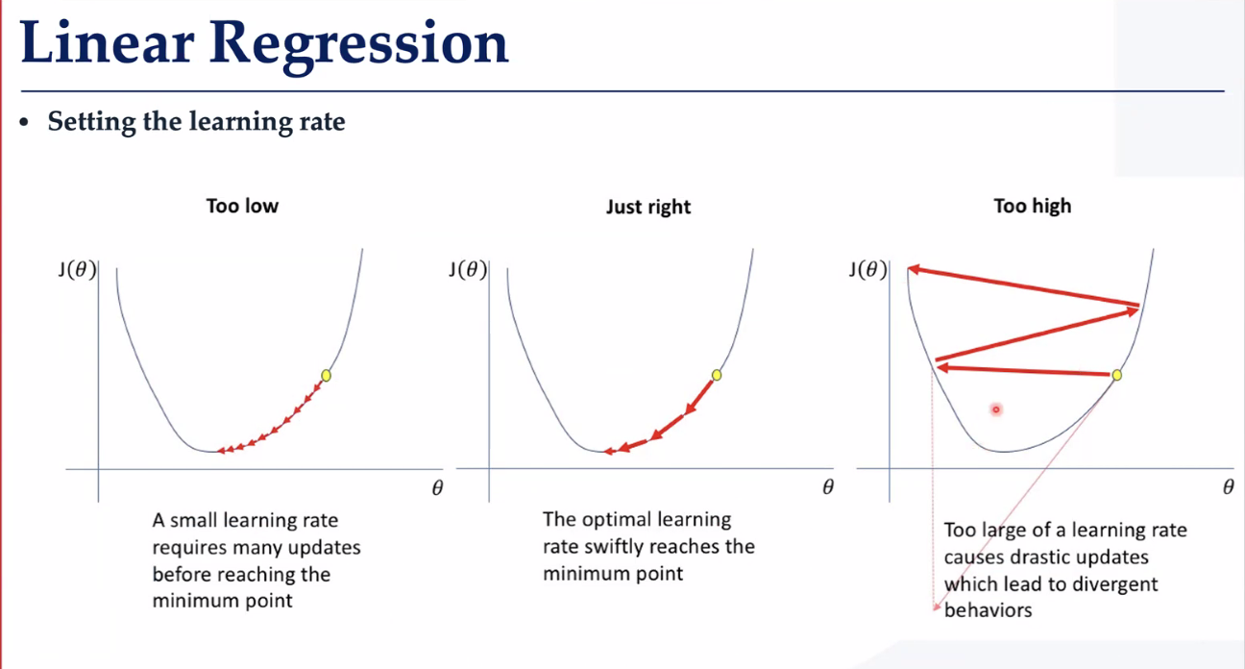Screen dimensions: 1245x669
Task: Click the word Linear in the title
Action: coord(107,42)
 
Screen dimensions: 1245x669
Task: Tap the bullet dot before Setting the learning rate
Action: coord(23,122)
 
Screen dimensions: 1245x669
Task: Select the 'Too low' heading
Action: coord(242,206)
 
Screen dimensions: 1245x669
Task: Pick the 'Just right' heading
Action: coord(648,207)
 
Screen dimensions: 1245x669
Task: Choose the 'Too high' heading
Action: coord(1032,206)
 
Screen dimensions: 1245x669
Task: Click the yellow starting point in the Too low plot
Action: coord(327,376)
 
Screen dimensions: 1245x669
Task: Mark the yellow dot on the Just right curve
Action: coord(717,376)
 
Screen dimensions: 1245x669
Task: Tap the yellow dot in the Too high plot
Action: coord(1116,376)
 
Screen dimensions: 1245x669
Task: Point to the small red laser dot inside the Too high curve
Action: coord(996,409)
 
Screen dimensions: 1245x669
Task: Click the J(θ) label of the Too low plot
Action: coord(77,270)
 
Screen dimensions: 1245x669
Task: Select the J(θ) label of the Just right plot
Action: coord(468,270)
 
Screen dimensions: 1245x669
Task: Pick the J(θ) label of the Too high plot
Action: coord(868,270)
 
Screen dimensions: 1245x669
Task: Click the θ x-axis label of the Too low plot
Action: coord(437,488)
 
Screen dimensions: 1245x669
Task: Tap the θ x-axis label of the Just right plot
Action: coord(828,487)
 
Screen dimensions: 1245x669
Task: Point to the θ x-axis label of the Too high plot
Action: coord(1229,487)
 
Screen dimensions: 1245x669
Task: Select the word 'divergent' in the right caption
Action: coord(1108,584)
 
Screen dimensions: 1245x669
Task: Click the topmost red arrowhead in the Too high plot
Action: coord(914,270)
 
